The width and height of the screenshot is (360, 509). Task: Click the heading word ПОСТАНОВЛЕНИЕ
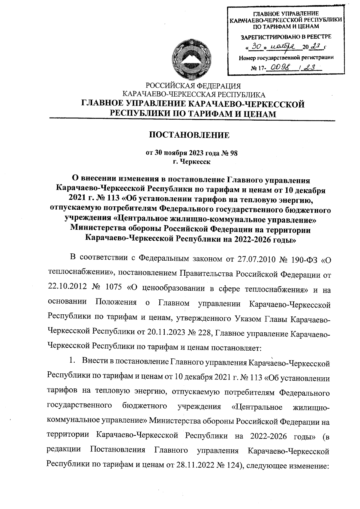(x=190, y=135)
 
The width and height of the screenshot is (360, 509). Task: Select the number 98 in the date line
(x=234, y=153)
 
